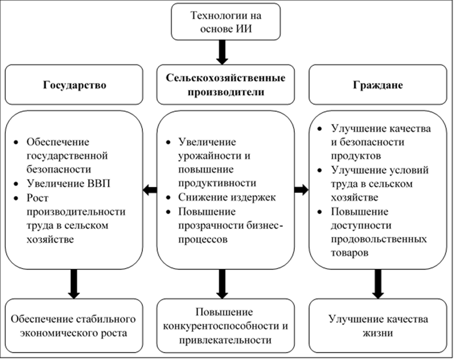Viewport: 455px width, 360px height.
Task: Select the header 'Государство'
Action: [x=74, y=85]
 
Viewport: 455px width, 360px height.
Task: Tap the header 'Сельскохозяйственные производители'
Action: [x=225, y=85]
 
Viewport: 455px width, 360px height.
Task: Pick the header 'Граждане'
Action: [x=377, y=85]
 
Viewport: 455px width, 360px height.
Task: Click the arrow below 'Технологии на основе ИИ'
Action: [x=221, y=52]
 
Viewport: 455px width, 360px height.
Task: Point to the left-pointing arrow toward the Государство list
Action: [x=150, y=190]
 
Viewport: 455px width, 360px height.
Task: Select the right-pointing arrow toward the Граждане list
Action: [x=301, y=190]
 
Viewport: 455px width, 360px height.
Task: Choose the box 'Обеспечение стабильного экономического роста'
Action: [x=74, y=326]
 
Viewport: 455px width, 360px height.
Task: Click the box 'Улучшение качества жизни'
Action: [x=377, y=326]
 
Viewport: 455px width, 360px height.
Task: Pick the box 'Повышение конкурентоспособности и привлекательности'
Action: [x=225, y=326]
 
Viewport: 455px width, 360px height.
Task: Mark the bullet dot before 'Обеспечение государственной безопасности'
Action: [x=17, y=143]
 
